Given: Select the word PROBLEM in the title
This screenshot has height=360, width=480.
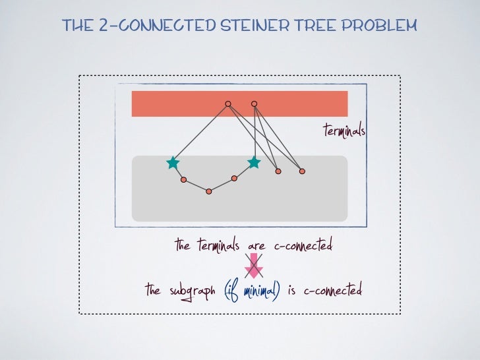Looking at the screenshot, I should [x=386, y=26].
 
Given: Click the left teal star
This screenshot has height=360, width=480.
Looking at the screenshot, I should [x=173, y=162].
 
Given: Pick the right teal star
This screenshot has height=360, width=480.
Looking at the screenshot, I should [x=254, y=162].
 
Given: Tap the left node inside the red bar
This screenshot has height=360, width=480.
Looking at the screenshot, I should [x=228, y=104].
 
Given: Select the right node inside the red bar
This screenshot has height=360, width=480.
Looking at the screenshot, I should [x=254, y=104].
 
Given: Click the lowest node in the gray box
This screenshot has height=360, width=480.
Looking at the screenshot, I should [x=209, y=191].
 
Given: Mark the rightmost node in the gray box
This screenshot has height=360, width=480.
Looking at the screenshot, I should [x=302, y=171].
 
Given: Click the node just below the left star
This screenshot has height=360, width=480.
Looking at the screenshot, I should [x=184, y=179].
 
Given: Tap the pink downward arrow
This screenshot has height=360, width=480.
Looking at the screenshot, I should [x=254, y=266].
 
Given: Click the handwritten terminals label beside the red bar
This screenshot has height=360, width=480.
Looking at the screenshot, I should [x=344, y=131].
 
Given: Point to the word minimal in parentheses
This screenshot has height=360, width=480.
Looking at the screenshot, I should [x=260, y=290].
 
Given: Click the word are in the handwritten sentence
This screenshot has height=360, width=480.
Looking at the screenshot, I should [x=256, y=247].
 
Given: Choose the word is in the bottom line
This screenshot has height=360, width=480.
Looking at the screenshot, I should [x=293, y=290].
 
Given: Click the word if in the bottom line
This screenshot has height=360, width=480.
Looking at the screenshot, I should [x=232, y=290].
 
